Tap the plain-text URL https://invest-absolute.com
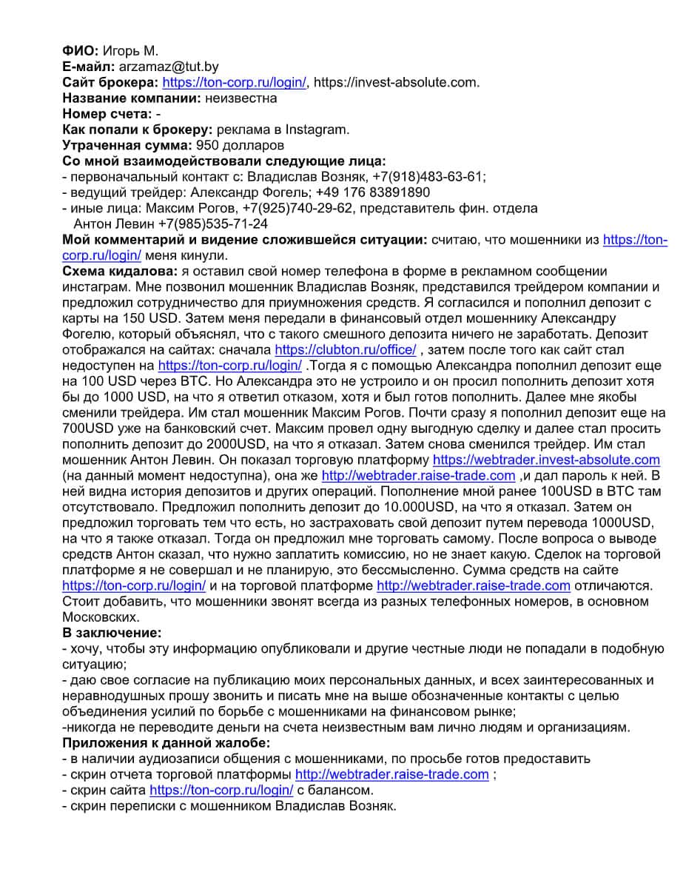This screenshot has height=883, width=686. [396, 82]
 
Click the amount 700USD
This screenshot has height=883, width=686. [90, 428]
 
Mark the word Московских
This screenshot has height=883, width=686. [101, 617]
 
